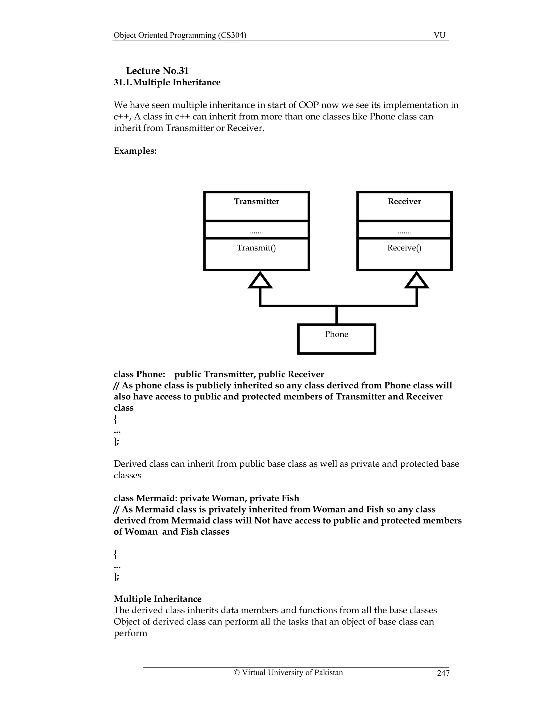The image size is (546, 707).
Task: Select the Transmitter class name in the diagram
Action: (256, 201)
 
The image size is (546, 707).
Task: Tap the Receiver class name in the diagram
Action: (404, 201)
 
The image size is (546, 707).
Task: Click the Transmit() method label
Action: (256, 248)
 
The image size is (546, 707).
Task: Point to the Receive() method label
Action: (404, 248)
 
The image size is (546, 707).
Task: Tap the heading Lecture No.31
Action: (157, 71)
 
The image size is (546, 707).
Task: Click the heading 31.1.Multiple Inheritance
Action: (167, 82)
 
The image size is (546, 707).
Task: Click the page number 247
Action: (443, 673)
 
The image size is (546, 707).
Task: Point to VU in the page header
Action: (439, 35)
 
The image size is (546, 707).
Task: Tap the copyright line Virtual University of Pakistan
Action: (288, 673)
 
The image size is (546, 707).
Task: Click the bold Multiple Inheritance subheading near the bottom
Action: (158, 599)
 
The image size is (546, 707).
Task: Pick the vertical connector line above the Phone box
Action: (336, 315)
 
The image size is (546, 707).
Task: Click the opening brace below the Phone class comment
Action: (115, 420)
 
